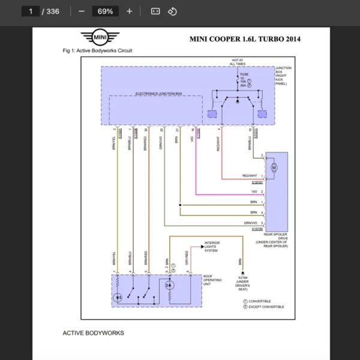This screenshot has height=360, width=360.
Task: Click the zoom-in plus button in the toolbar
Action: pos(129,11)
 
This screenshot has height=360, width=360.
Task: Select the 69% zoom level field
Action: pos(105,11)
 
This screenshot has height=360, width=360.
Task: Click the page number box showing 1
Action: pos(31,11)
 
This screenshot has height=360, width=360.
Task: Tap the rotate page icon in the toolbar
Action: pos(172,11)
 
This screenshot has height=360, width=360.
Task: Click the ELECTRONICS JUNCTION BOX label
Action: pos(158,94)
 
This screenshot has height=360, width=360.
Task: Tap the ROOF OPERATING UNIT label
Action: pos(212,280)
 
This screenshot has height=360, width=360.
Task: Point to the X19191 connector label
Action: pos(257,182)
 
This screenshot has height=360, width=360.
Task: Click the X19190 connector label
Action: pos(257,229)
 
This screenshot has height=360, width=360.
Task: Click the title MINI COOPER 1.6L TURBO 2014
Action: pos(245,40)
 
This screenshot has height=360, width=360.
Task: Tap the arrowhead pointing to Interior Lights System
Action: pos(202,247)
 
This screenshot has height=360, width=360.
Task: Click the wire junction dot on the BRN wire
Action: pos(179,206)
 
